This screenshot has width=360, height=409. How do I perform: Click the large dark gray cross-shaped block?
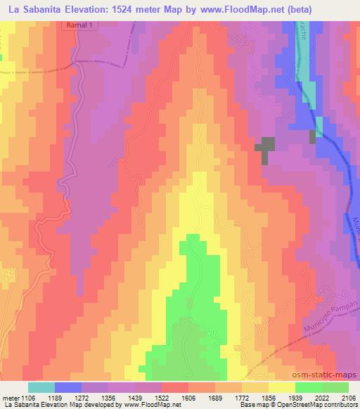pos(264,148)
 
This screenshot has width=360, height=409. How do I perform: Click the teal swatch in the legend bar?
pos(41,387)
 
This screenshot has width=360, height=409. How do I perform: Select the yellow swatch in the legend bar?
pos(281,387)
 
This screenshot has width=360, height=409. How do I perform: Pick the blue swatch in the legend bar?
pos(68,387)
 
